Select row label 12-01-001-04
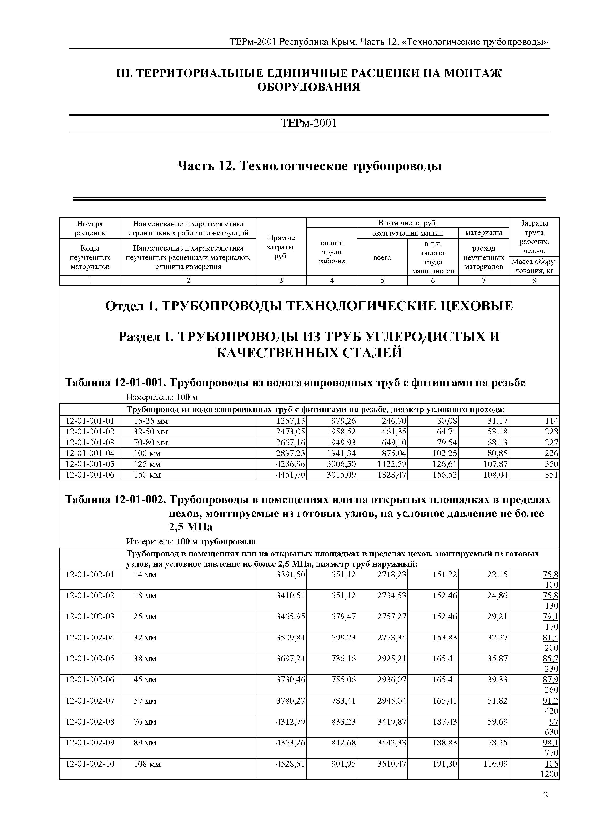tap(90, 453)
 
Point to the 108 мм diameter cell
tap(147, 764)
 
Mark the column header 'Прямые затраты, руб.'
tap(281, 247)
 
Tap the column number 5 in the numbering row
tap(382, 281)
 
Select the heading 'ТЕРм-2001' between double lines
tap(309, 123)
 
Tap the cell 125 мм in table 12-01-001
tap(147, 464)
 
